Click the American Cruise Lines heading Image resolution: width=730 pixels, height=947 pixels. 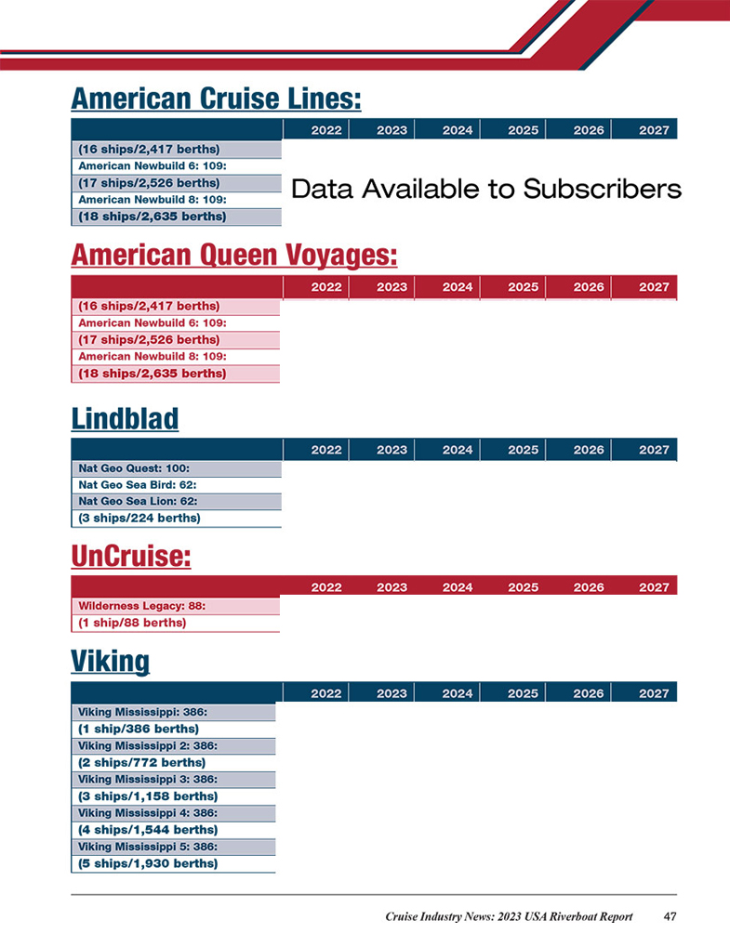(x=216, y=99)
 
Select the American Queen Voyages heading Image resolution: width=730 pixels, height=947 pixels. (x=233, y=255)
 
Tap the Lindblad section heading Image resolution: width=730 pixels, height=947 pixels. (x=125, y=418)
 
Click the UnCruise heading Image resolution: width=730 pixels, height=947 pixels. (x=130, y=556)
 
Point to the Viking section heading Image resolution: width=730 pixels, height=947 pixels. (x=110, y=662)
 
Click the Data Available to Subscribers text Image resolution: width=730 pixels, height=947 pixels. (x=485, y=189)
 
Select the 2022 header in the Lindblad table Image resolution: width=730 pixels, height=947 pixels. (x=326, y=450)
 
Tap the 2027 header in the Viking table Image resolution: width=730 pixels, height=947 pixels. (x=654, y=693)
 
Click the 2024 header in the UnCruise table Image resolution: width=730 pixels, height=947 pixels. (x=458, y=587)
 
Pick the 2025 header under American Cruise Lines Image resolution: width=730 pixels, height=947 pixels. (x=523, y=130)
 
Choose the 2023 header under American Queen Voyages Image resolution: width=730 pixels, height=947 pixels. (x=392, y=287)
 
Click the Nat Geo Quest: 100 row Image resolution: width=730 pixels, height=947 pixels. (x=177, y=468)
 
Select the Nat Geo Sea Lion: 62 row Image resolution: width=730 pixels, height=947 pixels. (x=177, y=501)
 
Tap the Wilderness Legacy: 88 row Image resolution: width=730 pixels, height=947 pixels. (x=176, y=606)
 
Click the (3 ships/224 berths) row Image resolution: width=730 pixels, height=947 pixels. (x=177, y=519)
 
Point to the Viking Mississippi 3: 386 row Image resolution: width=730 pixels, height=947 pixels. (x=174, y=779)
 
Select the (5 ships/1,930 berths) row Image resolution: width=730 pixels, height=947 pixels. (x=174, y=863)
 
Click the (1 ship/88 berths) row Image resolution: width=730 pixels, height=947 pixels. (x=176, y=623)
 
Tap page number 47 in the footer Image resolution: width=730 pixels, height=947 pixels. (x=670, y=916)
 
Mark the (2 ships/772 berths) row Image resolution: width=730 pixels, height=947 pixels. (x=174, y=762)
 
